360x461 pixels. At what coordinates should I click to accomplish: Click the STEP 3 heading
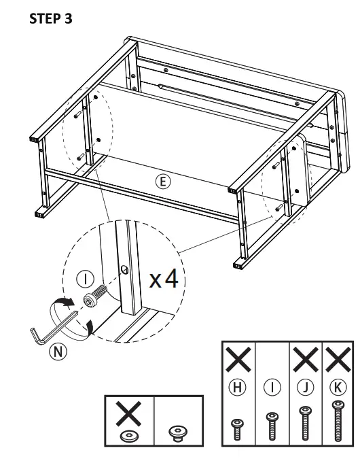click(51, 18)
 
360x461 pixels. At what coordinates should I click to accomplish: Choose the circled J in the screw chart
click(306, 388)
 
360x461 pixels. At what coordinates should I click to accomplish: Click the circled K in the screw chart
click(337, 388)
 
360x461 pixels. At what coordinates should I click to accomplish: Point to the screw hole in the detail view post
click(126, 269)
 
